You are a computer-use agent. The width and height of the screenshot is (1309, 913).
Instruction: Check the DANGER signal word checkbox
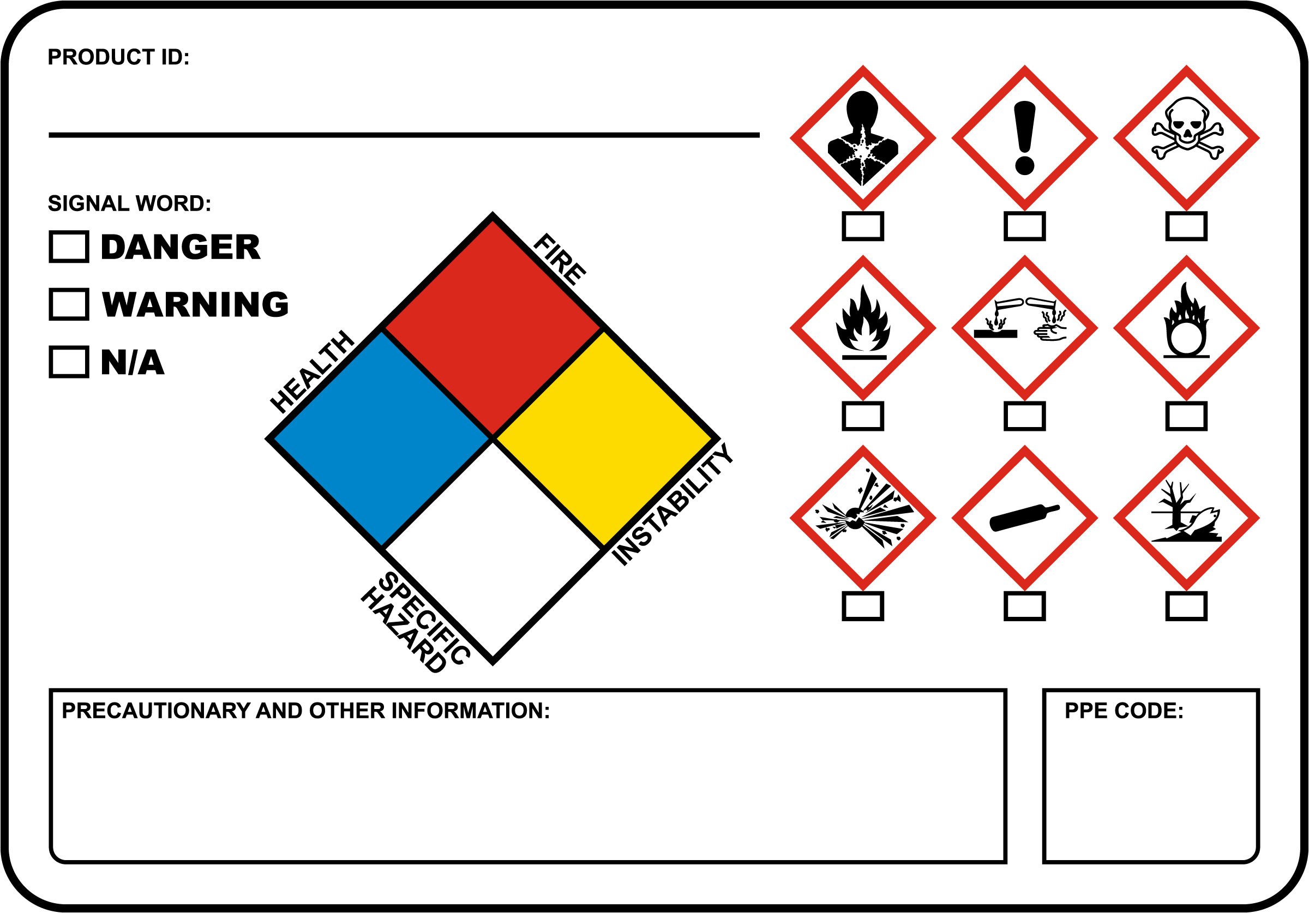69,247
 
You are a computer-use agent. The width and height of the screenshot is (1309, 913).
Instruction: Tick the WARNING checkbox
69,304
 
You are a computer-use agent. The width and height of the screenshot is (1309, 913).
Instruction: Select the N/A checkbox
69,362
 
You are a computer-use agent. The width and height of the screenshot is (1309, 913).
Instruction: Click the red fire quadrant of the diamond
493,328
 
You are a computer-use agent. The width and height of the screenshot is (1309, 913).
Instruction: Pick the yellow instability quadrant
604,439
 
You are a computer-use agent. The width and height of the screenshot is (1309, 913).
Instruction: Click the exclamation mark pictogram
1024,137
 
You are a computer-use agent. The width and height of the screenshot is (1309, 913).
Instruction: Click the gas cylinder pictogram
1024,518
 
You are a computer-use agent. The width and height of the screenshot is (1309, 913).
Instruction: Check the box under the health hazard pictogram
863,226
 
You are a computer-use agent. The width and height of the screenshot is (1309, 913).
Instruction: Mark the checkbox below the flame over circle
1186,416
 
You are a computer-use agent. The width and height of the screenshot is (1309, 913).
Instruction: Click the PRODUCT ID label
118,57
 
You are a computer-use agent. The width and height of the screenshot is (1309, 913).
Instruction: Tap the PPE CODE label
1124,711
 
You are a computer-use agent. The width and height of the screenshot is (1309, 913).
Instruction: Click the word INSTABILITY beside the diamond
672,504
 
